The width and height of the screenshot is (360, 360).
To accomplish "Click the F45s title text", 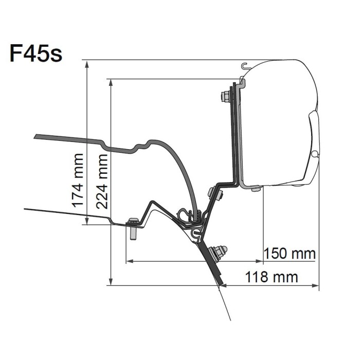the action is (36, 53).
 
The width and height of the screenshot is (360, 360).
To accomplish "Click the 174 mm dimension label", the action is (78, 180).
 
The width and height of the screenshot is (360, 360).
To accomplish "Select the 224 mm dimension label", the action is (102, 182).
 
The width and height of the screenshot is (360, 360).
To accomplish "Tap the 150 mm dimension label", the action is (290, 254).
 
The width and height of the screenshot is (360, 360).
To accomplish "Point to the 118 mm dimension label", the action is (272, 277).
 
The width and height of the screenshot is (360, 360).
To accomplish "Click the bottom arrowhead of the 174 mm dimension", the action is (87, 221).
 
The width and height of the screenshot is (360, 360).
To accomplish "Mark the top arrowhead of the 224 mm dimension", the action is (111, 83).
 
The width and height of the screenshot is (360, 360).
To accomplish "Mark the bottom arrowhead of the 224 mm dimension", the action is (111, 281).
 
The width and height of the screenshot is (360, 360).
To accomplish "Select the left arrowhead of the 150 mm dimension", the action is (130, 261).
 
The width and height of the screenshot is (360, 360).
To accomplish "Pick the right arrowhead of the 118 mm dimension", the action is (315, 285).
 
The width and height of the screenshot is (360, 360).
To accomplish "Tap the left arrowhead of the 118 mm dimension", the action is (223, 285).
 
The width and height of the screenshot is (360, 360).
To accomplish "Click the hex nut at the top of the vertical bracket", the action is (225, 97).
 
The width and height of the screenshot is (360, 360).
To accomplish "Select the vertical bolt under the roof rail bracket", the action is (133, 229).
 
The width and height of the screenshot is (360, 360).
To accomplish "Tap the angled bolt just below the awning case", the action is (215, 193).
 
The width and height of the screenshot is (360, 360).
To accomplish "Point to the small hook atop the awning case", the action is (245, 66).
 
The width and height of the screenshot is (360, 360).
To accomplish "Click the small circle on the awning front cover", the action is (315, 154).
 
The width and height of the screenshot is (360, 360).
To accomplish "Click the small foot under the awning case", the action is (256, 189).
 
